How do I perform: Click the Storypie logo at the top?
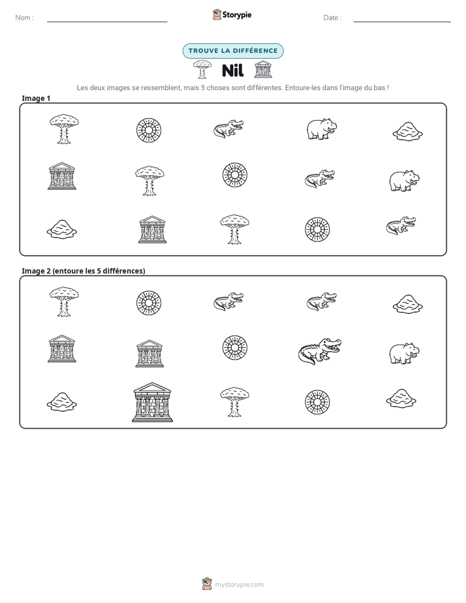tap(232, 15)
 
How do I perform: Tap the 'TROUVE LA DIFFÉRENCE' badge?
tap(233, 51)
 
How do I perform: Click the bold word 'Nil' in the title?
tap(232, 70)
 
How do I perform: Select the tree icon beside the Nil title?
tap(202, 70)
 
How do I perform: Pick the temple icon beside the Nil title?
tap(263, 69)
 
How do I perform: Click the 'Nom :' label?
tap(24, 18)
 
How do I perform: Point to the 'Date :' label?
tap(332, 18)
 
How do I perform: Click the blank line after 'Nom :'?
tap(107, 22)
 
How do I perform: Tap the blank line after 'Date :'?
tap(402, 22)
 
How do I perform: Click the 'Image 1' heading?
tap(36, 99)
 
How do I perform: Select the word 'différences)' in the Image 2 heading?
tap(125, 271)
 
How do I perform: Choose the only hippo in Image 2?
tap(405, 353)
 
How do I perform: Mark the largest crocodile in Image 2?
tap(320, 350)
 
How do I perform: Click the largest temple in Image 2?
tap(152, 402)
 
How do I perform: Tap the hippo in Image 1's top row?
tap(322, 129)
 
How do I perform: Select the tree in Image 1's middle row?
tap(149, 181)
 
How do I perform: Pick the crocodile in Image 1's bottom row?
tap(401, 225)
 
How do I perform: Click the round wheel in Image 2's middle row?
tap(235, 348)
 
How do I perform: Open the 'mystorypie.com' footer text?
tap(239, 585)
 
